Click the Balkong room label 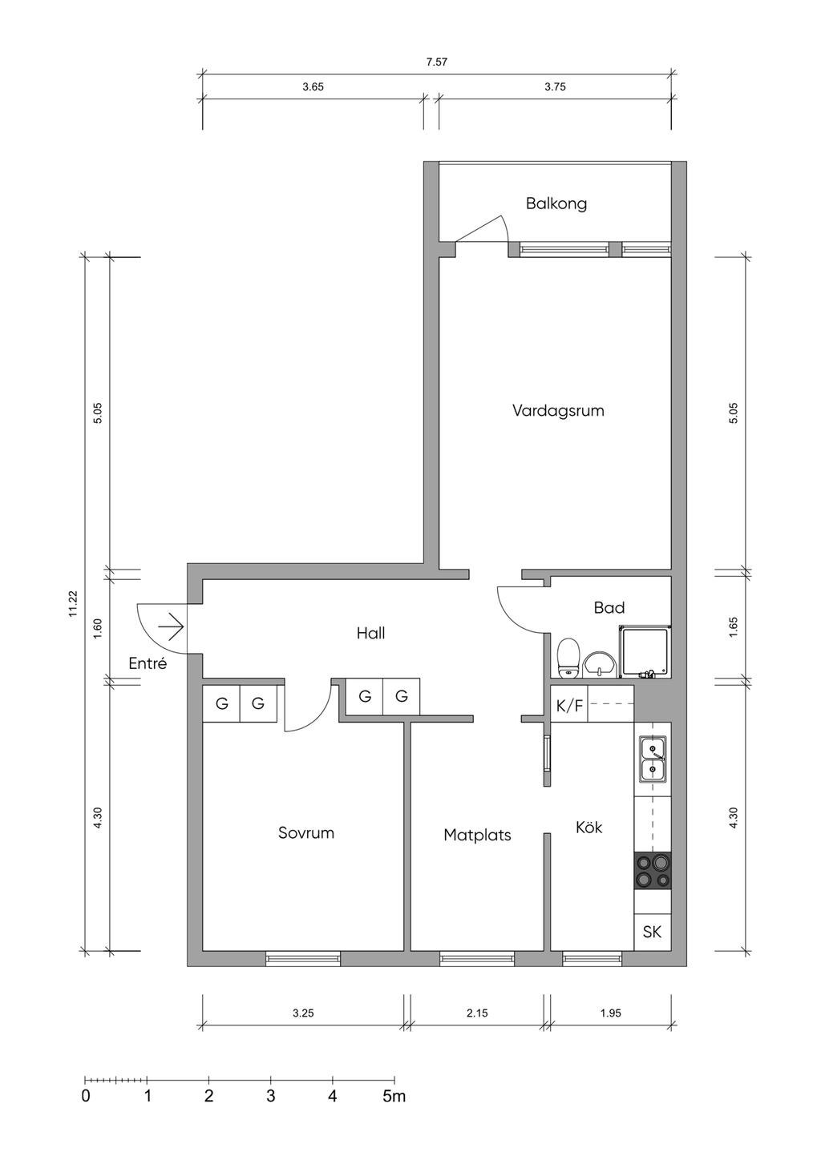[556, 203]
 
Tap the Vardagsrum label [558, 411]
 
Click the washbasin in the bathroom [599, 664]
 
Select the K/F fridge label [569, 705]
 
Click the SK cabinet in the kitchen [653, 932]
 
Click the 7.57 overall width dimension [436, 62]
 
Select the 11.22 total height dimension [73, 604]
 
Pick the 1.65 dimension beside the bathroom [733, 627]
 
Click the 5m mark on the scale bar [394, 1096]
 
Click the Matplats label [477, 836]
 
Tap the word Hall [370, 633]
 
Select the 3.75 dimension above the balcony [555, 87]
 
